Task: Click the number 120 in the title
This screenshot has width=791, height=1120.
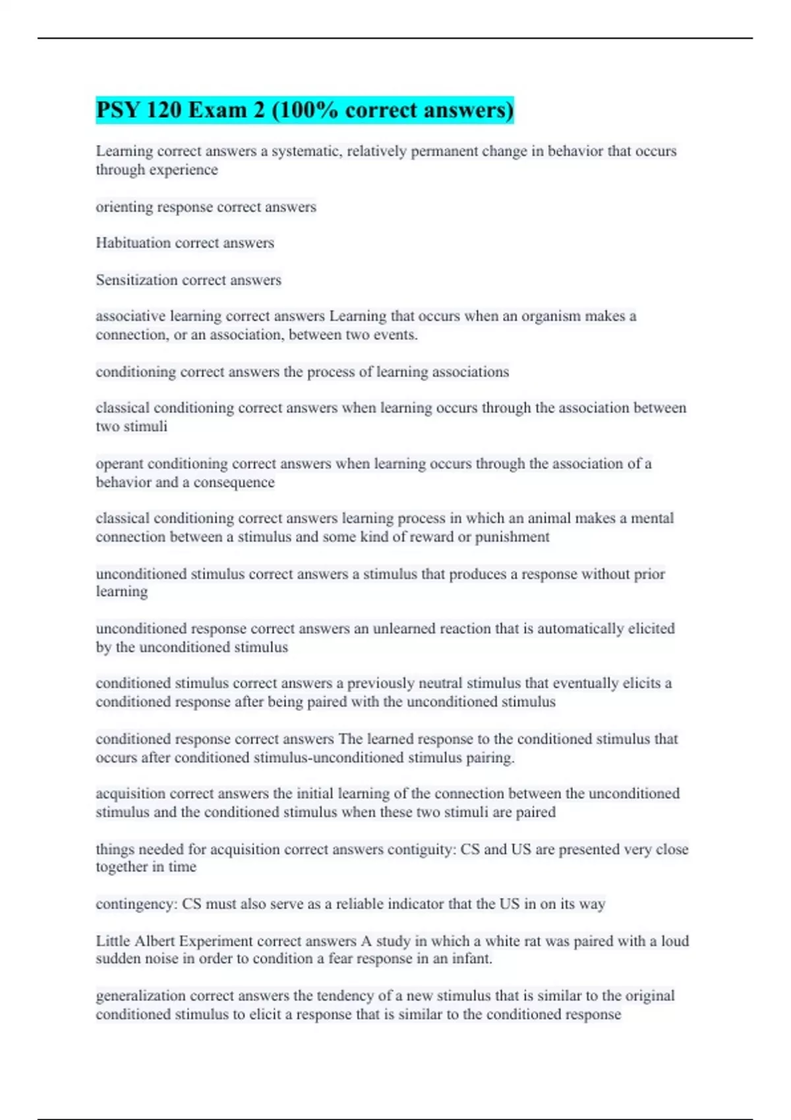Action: pyautogui.click(x=163, y=110)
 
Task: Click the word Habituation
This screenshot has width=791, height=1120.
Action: pyautogui.click(x=133, y=243)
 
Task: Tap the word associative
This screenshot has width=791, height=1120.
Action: pyautogui.click(x=131, y=316)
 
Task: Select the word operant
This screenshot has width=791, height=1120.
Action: pyautogui.click(x=119, y=464)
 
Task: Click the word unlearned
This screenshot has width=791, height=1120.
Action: pyautogui.click(x=404, y=629)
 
